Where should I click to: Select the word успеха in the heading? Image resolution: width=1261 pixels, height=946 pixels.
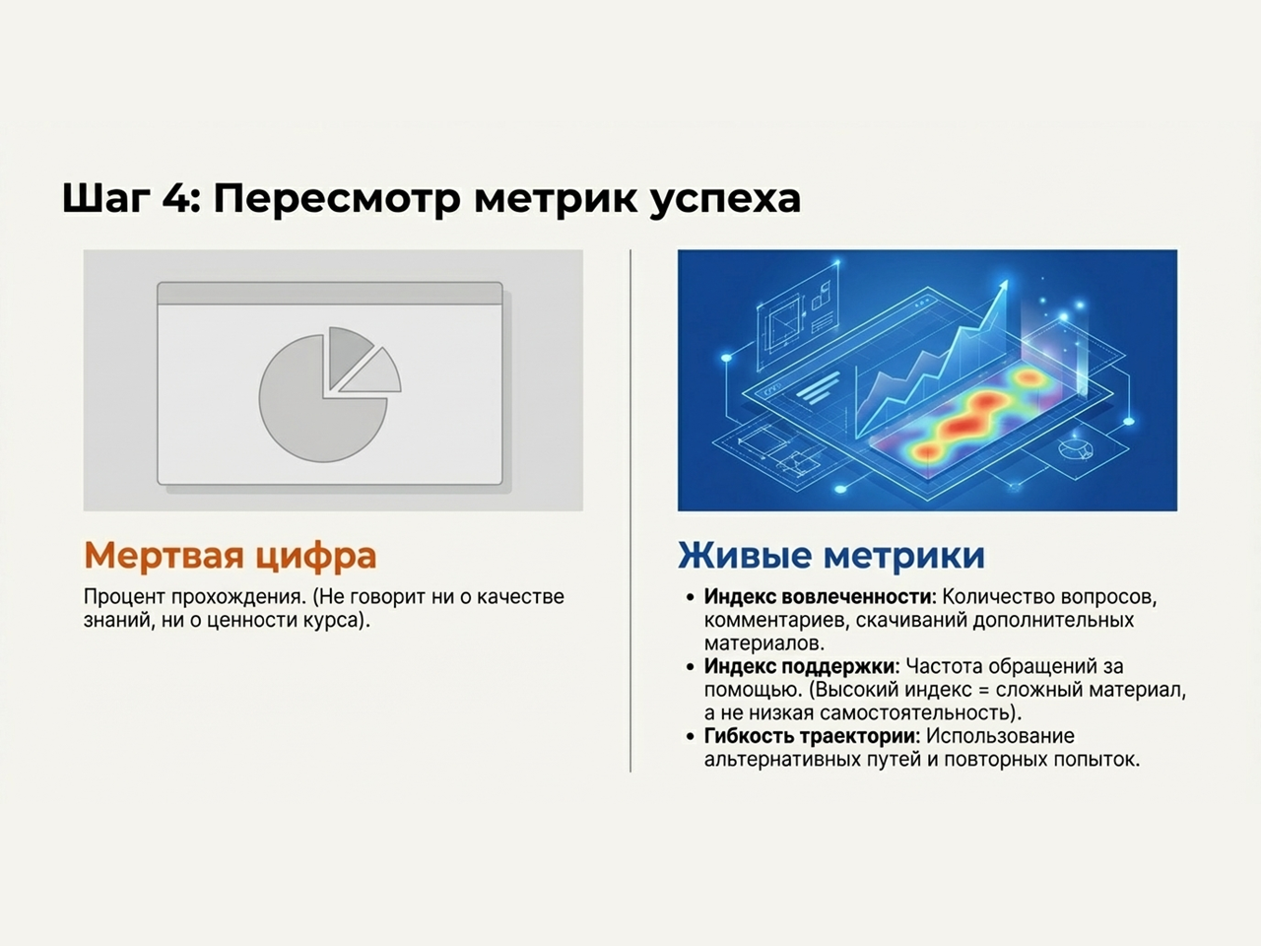pos(725,198)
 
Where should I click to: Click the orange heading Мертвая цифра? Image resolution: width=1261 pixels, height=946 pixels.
pos(230,555)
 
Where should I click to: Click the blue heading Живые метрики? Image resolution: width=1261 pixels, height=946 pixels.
pos(830,555)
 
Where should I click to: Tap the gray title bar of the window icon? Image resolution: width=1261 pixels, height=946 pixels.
pos(330,293)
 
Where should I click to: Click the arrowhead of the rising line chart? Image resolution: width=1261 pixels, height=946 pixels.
pos(1003,287)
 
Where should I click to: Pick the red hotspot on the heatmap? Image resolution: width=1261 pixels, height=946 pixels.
pos(961,425)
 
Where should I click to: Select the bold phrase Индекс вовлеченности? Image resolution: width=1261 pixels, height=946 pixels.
pos(817,597)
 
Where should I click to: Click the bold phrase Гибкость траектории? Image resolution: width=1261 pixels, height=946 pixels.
pos(810,736)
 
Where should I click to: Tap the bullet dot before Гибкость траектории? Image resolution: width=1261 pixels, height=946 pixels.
pos(691,737)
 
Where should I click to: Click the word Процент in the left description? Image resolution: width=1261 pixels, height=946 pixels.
pos(124,597)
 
